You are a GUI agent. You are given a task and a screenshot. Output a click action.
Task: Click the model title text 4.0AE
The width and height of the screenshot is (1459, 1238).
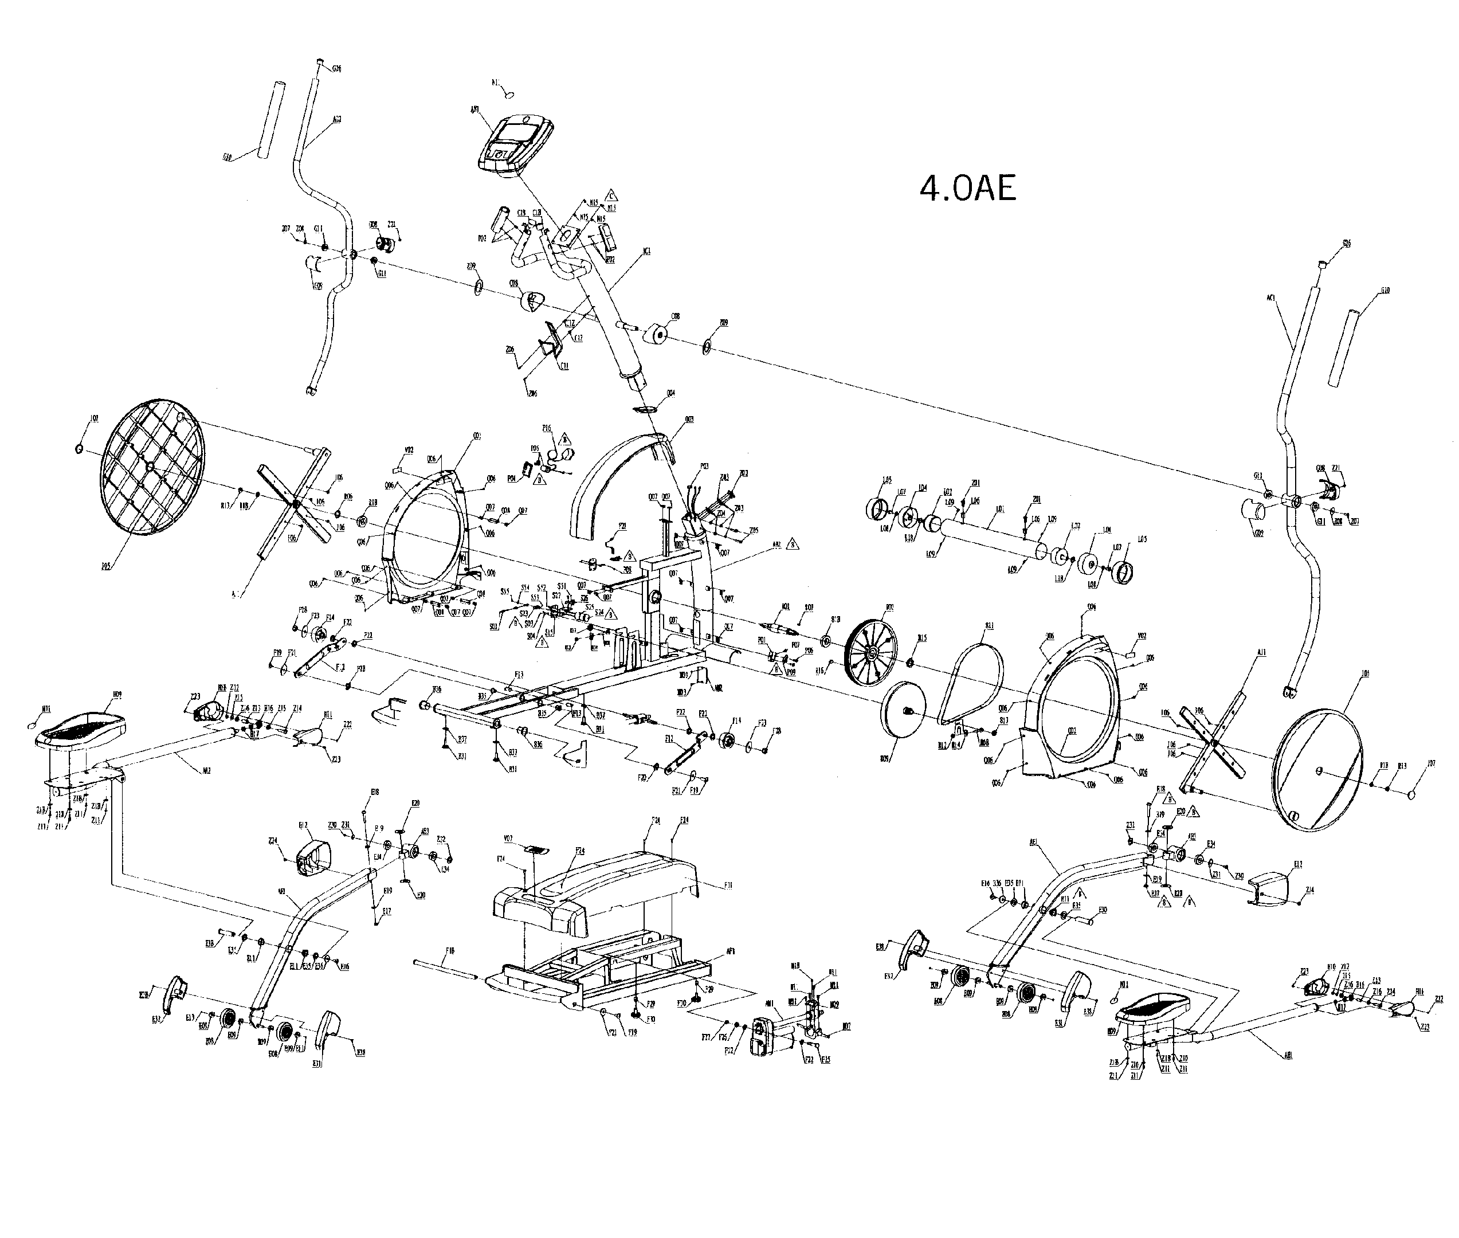(x=967, y=189)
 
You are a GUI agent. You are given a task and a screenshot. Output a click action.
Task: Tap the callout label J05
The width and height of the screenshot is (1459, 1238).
(x=106, y=565)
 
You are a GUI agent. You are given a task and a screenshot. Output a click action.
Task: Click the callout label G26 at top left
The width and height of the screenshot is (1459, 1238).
(x=337, y=69)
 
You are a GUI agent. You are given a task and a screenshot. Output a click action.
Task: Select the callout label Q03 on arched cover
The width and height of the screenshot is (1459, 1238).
(x=689, y=420)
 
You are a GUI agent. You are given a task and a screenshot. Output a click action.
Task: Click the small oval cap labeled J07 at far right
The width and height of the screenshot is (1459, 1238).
(x=1414, y=794)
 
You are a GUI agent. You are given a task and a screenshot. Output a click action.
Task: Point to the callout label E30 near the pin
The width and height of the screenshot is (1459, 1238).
(x=1103, y=910)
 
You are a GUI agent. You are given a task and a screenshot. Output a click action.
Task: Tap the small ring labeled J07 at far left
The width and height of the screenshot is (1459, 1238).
(x=79, y=448)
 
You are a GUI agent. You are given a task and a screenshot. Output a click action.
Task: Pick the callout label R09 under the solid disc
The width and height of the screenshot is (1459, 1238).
(x=884, y=758)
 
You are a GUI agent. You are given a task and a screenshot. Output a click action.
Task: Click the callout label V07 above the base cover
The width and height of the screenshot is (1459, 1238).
(x=508, y=839)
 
